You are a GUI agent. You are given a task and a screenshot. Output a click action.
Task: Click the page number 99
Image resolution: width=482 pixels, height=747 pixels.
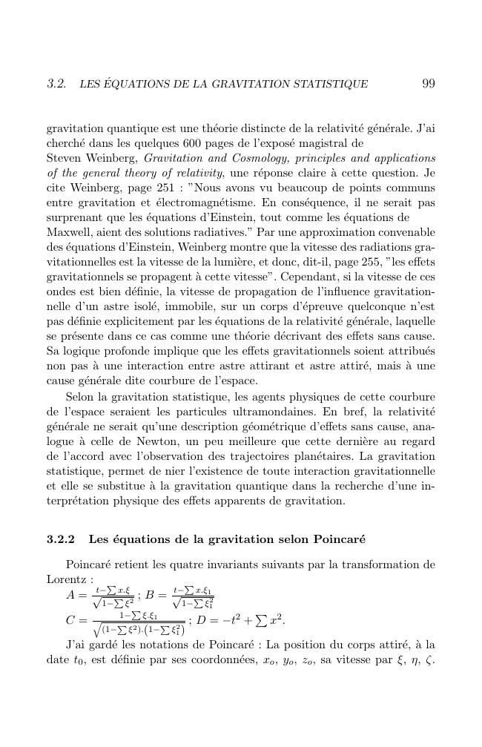427,84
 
